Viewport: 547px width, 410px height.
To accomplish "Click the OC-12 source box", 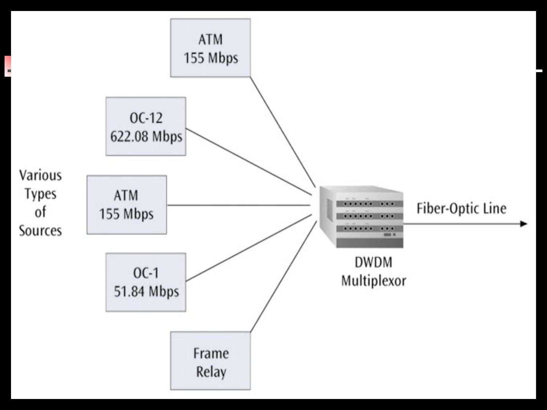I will tap(146, 126).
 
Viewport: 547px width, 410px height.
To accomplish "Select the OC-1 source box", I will tap(146, 282).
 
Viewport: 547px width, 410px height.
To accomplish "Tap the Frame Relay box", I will tap(210, 361).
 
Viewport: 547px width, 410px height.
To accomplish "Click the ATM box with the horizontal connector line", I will tap(126, 205).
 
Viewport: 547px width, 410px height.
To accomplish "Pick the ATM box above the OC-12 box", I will tap(210, 48).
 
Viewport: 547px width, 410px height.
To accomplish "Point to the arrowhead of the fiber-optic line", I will tap(524, 224).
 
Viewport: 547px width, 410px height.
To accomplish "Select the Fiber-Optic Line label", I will tap(461, 208).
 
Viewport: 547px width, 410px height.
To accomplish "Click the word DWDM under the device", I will tap(373, 262).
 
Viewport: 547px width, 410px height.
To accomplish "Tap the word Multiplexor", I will tap(373, 281).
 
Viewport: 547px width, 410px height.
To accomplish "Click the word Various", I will tap(40, 175).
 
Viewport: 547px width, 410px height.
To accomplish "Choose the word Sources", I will tap(40, 231).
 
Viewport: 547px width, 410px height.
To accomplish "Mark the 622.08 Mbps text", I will tap(146, 136).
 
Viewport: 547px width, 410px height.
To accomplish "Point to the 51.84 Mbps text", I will tap(146, 292).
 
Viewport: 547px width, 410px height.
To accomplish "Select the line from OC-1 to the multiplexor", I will tap(249, 248).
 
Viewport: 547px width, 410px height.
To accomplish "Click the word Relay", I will tap(211, 372).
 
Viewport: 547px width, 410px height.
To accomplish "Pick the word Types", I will tap(40, 194).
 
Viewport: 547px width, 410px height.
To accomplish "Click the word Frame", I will tap(211, 353).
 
